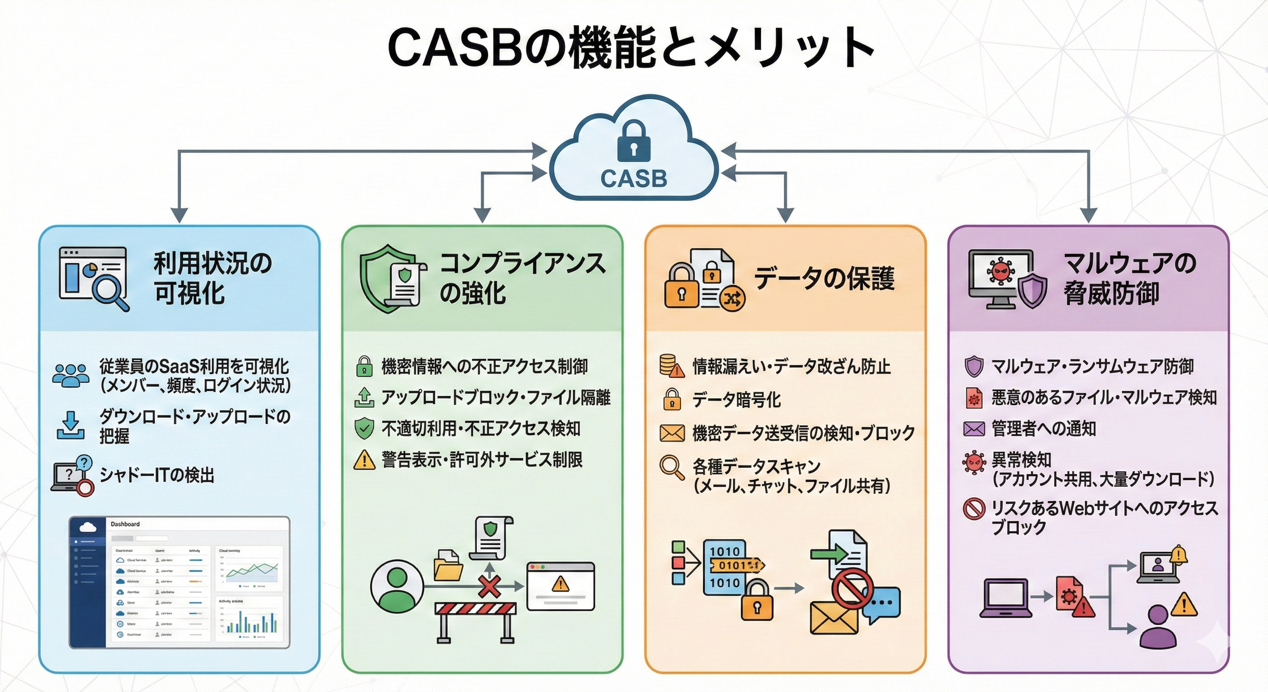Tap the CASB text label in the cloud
click(x=634, y=178)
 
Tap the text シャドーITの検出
click(x=157, y=475)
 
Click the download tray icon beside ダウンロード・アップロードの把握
click(x=70, y=426)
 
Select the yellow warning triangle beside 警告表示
click(x=364, y=460)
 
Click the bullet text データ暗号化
click(x=736, y=400)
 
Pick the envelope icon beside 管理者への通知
click(x=974, y=428)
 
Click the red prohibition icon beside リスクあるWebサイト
click(x=974, y=509)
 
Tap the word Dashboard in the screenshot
click(x=125, y=524)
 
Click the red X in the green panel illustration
click(x=489, y=586)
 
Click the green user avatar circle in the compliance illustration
click(x=397, y=586)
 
